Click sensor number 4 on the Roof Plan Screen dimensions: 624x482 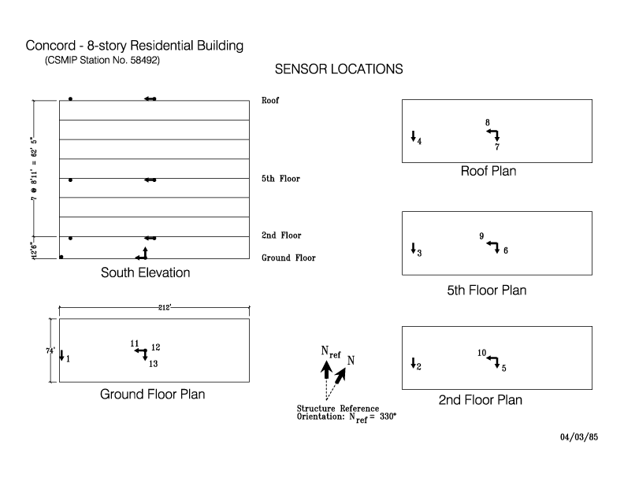click(419, 141)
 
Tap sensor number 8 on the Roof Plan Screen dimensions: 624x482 click(488, 123)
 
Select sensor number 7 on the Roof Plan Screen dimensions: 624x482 click(497, 146)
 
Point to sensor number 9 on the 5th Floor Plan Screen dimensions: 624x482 click(481, 235)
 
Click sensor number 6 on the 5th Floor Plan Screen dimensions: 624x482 click(506, 250)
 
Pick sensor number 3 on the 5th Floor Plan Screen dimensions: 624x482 click(419, 253)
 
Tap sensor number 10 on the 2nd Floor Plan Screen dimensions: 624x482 click(482, 353)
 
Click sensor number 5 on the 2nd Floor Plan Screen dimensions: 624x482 click(503, 368)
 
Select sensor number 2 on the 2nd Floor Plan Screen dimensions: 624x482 click(418, 367)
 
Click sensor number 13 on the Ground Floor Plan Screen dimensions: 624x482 click(153, 364)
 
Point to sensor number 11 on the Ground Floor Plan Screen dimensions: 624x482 click(135, 343)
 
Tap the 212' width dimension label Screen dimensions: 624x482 click(165, 307)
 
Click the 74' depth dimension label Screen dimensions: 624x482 click(50, 350)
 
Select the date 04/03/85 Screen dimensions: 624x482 click(579, 437)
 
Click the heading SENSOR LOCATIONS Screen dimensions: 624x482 click(339, 69)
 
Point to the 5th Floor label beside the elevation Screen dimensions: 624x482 click(280, 179)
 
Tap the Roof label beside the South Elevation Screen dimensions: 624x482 click(270, 100)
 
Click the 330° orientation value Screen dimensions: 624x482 click(388, 417)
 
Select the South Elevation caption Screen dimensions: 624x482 click(145, 273)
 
